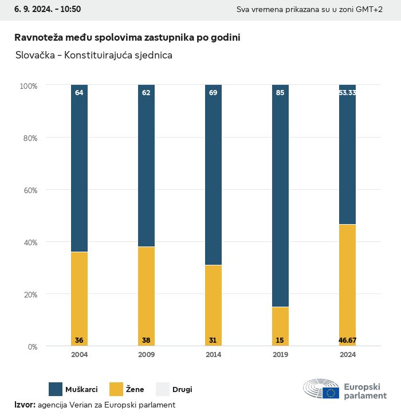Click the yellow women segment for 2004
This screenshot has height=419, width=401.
tap(79, 298)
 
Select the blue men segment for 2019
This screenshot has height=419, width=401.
tap(280, 195)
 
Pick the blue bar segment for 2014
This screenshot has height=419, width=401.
tap(213, 175)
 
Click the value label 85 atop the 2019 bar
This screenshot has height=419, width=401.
tap(280, 92)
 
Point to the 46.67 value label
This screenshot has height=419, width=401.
tap(347, 340)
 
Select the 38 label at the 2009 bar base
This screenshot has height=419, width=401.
tap(146, 340)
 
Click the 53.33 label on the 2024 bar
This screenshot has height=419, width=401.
tap(347, 92)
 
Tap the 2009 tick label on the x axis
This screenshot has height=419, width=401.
tap(146, 355)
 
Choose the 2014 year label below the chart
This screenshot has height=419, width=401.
tap(213, 355)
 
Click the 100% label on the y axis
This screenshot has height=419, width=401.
tap(28, 86)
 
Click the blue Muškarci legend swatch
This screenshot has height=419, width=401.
tap(56, 389)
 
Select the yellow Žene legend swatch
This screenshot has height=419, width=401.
tap(117, 389)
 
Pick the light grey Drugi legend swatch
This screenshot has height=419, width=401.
tap(163, 389)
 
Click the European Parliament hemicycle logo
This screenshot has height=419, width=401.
tap(321, 389)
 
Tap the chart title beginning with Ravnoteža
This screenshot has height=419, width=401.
tap(127, 37)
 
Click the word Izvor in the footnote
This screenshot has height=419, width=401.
tap(25, 405)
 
